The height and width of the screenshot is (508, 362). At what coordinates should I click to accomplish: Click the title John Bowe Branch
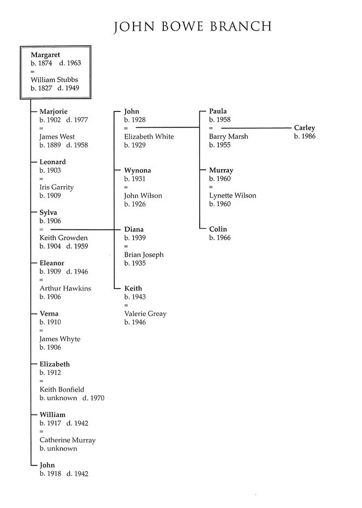click(x=193, y=26)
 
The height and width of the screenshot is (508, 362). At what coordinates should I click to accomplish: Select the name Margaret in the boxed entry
click(x=45, y=55)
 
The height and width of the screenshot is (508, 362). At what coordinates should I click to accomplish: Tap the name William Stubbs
click(x=54, y=80)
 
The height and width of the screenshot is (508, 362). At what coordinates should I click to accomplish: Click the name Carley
click(x=304, y=128)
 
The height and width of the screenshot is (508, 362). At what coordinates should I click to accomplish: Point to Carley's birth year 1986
click(x=305, y=137)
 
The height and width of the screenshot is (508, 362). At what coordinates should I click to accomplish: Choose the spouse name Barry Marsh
click(x=228, y=137)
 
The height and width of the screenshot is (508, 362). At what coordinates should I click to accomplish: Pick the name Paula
click(x=218, y=111)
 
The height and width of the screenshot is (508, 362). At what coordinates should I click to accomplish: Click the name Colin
click(x=218, y=229)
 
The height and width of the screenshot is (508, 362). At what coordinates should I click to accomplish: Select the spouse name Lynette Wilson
click(x=232, y=196)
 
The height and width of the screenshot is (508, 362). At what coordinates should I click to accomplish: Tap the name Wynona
click(x=138, y=171)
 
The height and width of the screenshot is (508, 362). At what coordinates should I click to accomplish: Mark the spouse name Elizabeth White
click(x=149, y=137)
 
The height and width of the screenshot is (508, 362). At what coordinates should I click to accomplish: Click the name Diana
click(x=134, y=229)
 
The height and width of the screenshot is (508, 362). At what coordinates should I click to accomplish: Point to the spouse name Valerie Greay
click(x=145, y=314)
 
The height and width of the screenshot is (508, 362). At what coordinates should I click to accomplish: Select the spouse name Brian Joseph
click(x=144, y=255)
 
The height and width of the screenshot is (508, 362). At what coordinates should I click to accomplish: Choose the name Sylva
click(x=48, y=213)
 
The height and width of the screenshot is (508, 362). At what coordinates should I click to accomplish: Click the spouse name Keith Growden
click(x=63, y=238)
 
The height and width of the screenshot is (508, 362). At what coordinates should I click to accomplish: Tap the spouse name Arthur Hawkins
click(x=65, y=289)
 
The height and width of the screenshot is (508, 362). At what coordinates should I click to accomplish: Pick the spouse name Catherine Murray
click(x=68, y=440)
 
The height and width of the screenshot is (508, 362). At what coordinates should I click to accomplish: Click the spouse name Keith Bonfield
click(x=62, y=390)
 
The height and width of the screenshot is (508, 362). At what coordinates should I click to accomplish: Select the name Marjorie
click(x=53, y=111)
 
